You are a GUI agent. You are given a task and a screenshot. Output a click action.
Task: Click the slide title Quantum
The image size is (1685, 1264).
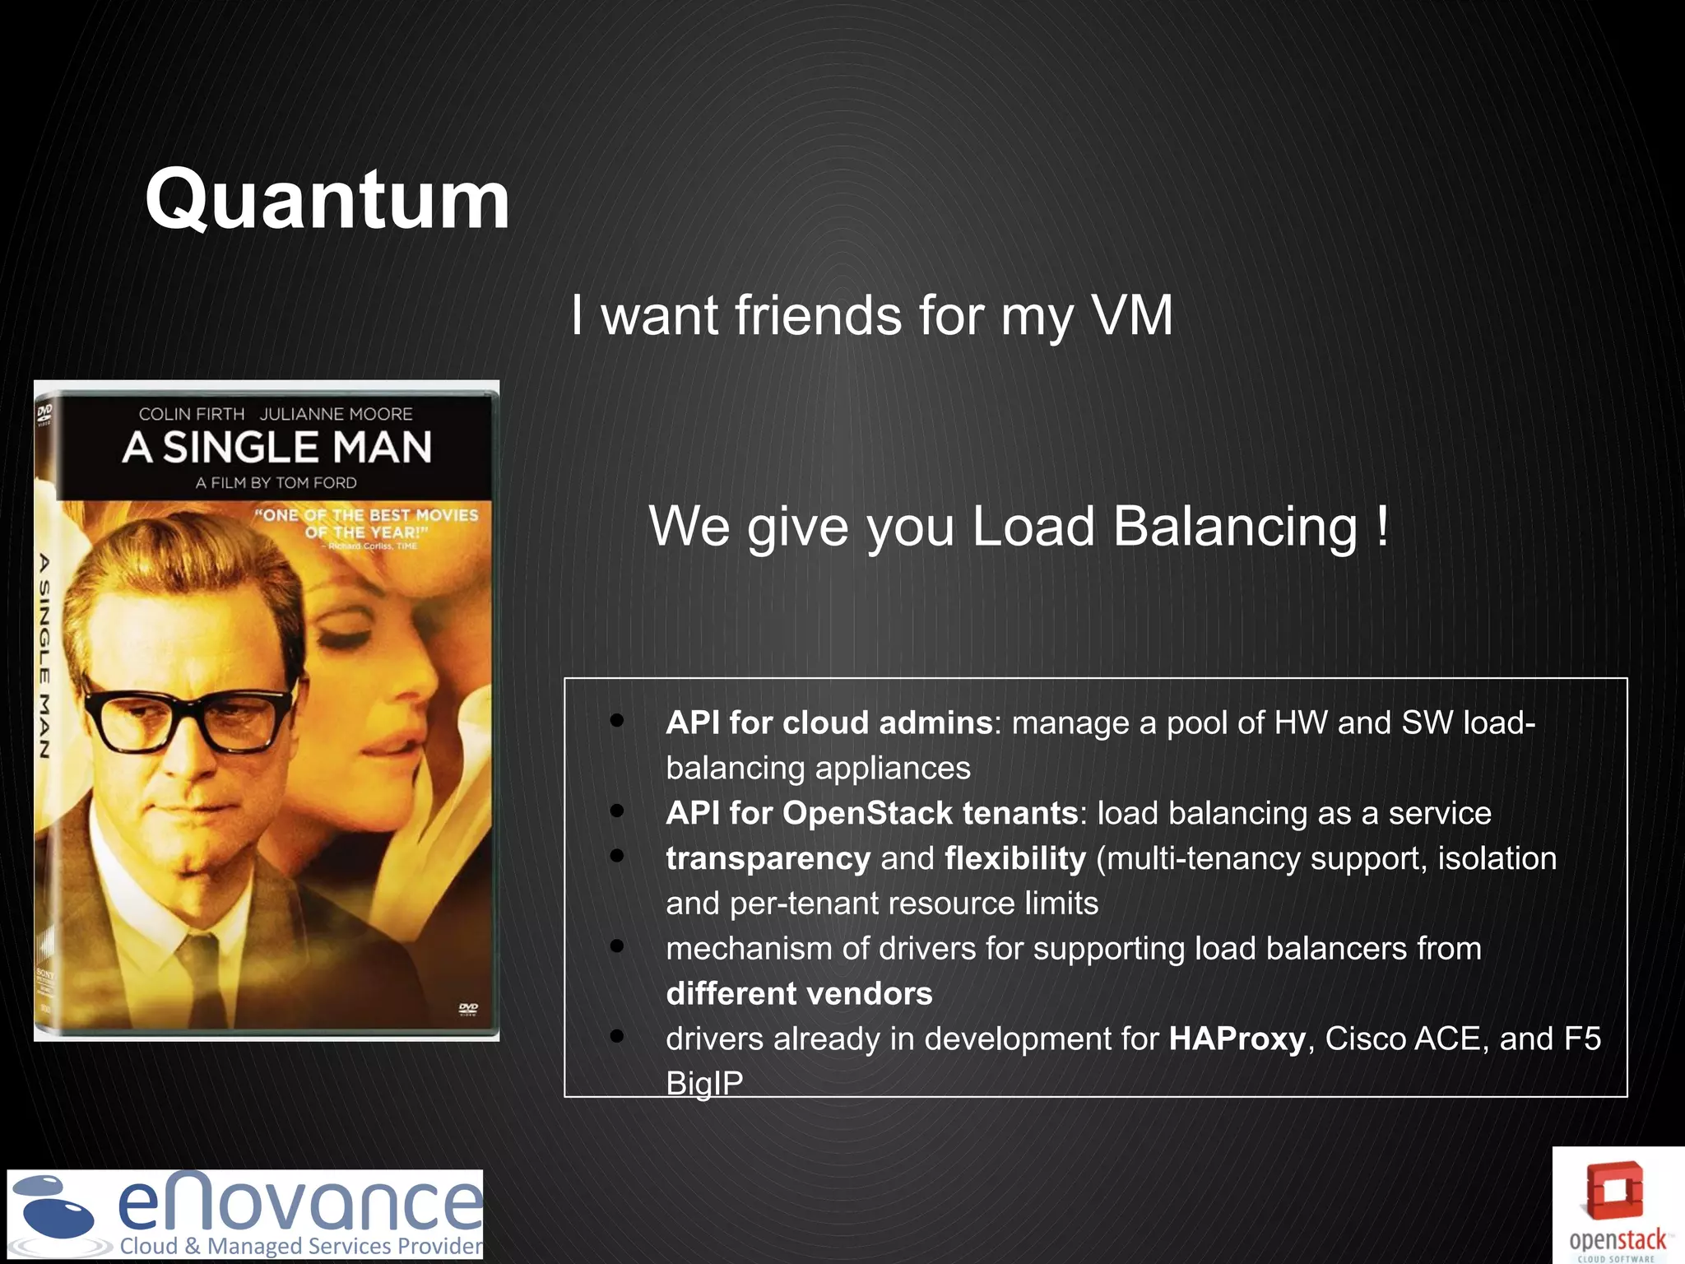pos(327,200)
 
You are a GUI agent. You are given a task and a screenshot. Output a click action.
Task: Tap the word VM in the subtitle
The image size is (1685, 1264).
pos(1131,315)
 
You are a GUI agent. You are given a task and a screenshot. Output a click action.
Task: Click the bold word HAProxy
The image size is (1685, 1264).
pos(1237,1039)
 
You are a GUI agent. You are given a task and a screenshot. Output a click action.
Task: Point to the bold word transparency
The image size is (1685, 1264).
pos(768,858)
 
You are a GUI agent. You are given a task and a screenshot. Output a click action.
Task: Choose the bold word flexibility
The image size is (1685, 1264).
pos(1015,858)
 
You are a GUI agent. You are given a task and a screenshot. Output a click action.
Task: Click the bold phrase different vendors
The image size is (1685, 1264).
pos(799,993)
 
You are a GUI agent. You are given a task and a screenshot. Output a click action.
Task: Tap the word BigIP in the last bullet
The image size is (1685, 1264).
pos(704,1083)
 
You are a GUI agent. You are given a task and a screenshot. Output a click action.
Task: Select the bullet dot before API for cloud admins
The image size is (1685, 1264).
pos(617,721)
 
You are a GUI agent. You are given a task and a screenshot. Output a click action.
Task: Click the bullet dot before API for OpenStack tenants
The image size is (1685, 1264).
pos(617,811)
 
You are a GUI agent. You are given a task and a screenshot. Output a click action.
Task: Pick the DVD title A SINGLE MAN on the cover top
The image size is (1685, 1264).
pos(277,448)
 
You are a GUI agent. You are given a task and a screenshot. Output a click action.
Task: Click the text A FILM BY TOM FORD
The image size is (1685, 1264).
pos(276,483)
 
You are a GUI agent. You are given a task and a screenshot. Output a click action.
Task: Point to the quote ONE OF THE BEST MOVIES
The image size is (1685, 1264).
pos(367,515)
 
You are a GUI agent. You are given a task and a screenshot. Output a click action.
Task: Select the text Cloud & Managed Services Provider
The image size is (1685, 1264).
pos(301,1246)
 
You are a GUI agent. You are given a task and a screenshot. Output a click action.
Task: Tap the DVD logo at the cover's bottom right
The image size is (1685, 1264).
pos(468,1010)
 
